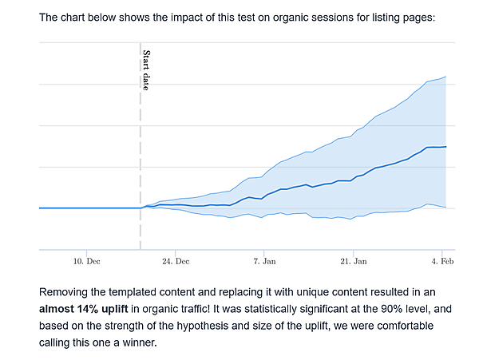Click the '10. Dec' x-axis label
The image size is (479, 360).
(86, 261)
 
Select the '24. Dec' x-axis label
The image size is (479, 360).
(176, 261)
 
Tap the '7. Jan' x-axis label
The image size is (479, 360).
(264, 261)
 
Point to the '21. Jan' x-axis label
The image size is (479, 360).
(354, 261)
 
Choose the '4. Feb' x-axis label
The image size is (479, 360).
(442, 261)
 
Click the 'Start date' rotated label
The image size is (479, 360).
(146, 70)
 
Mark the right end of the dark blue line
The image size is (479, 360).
(445, 147)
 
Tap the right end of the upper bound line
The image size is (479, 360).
(445, 77)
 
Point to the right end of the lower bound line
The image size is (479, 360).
(445, 208)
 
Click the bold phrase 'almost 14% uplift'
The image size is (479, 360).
(87, 310)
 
